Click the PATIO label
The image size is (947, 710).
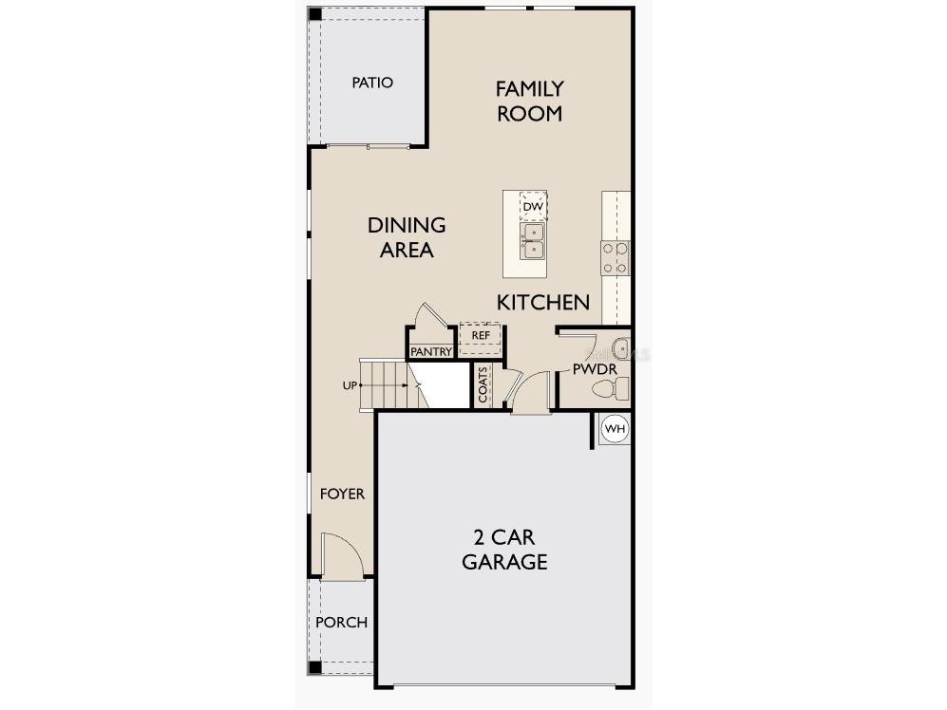point(372,83)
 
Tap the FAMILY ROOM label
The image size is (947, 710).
point(529,101)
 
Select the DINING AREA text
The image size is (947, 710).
point(407,237)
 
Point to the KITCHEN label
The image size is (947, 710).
point(543,303)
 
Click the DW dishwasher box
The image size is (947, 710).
point(533,206)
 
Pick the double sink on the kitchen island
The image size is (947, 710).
point(532,241)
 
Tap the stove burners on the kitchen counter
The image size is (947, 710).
point(615,257)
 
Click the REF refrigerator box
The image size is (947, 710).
point(481,336)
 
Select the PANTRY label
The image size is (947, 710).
point(431,352)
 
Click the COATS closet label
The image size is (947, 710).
point(483,384)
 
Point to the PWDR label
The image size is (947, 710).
point(596,368)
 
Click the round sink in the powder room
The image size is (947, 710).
point(620,346)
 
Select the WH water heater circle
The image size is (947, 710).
point(616,429)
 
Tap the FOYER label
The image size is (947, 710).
point(342,495)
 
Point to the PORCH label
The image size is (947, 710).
point(341,623)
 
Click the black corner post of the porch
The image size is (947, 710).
point(314,666)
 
